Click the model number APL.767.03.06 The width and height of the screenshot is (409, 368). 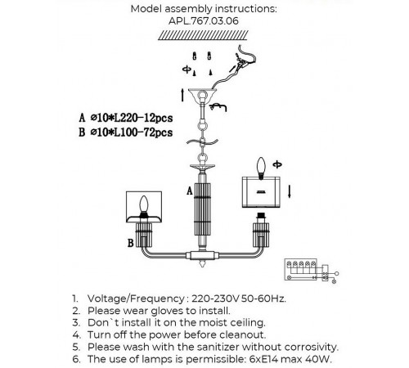point(204,21)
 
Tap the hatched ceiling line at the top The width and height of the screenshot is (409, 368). point(203,35)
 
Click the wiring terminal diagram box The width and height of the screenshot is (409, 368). point(300,270)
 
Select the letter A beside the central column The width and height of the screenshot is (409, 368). point(190,191)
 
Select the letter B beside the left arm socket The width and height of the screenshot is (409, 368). point(131,243)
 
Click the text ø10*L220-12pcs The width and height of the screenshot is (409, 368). point(132,118)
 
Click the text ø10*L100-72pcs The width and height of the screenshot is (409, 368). point(132,132)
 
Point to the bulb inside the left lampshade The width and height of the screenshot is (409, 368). point(144,204)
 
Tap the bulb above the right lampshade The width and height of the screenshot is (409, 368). point(261,167)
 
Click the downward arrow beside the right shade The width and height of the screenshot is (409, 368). point(290,191)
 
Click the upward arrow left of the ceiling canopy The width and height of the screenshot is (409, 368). point(182,95)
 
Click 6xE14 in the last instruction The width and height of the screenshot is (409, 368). point(263,359)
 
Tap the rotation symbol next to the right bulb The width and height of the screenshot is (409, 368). point(277,164)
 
